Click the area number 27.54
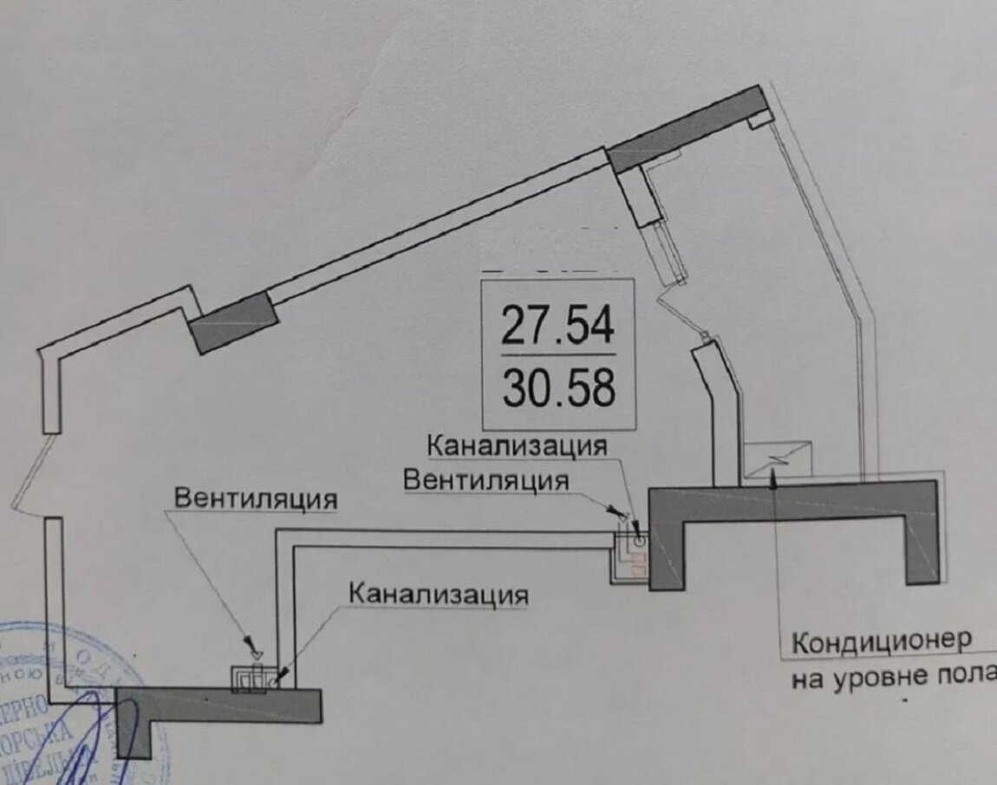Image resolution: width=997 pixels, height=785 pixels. click(557, 327)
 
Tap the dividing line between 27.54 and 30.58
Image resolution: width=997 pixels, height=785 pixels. click(557, 355)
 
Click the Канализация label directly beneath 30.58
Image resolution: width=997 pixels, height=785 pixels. click(517, 447)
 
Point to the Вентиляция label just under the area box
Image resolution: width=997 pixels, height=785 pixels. click(488, 479)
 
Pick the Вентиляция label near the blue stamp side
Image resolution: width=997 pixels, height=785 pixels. click(255, 499)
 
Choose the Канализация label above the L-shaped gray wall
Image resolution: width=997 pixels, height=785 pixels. click(438, 594)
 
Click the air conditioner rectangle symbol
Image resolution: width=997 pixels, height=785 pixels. click(779, 457)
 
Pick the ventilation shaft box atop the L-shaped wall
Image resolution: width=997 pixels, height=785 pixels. click(248, 679)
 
